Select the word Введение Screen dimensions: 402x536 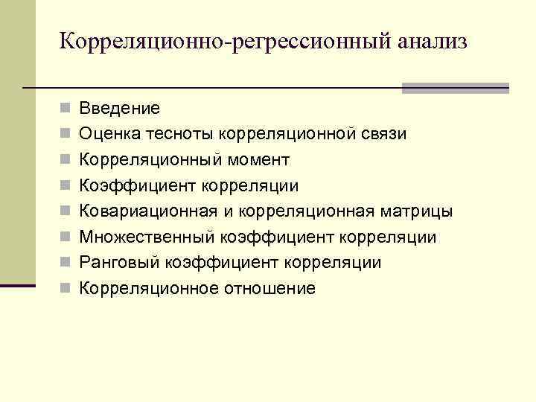pyautogui.click(x=120, y=109)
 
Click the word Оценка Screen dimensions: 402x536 pyautogui.click(x=105, y=134)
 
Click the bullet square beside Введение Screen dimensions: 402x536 pyautogui.click(x=66, y=109)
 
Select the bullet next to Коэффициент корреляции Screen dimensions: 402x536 pyautogui.click(x=66, y=186)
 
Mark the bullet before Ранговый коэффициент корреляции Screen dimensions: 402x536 pyautogui.click(x=66, y=263)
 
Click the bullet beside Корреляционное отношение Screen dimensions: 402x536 pyautogui.click(x=66, y=289)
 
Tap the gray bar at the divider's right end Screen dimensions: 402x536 pyautogui.click(x=455, y=88)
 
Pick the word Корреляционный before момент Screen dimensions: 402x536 pyautogui.click(x=150, y=160)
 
